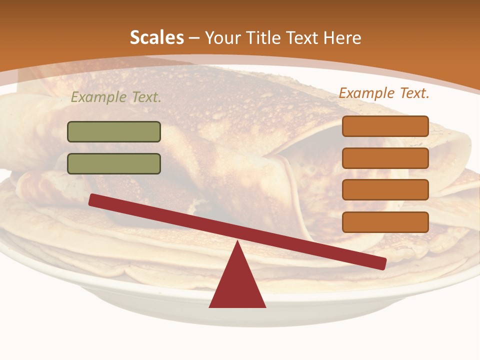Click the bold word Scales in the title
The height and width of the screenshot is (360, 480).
coord(156,38)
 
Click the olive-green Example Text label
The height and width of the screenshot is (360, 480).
coord(116,97)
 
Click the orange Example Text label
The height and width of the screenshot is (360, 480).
coord(384,93)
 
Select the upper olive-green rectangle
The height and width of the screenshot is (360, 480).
coord(114,131)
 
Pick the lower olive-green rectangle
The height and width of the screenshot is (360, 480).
coord(114,163)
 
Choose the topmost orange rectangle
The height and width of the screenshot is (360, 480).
coord(385,126)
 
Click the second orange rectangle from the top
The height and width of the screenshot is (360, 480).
coord(385,158)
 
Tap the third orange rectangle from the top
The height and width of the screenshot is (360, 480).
coord(385,190)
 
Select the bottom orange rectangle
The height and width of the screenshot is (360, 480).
coord(385,222)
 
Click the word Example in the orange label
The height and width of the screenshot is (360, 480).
coord(365,93)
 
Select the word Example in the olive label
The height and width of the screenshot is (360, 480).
coord(98,97)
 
